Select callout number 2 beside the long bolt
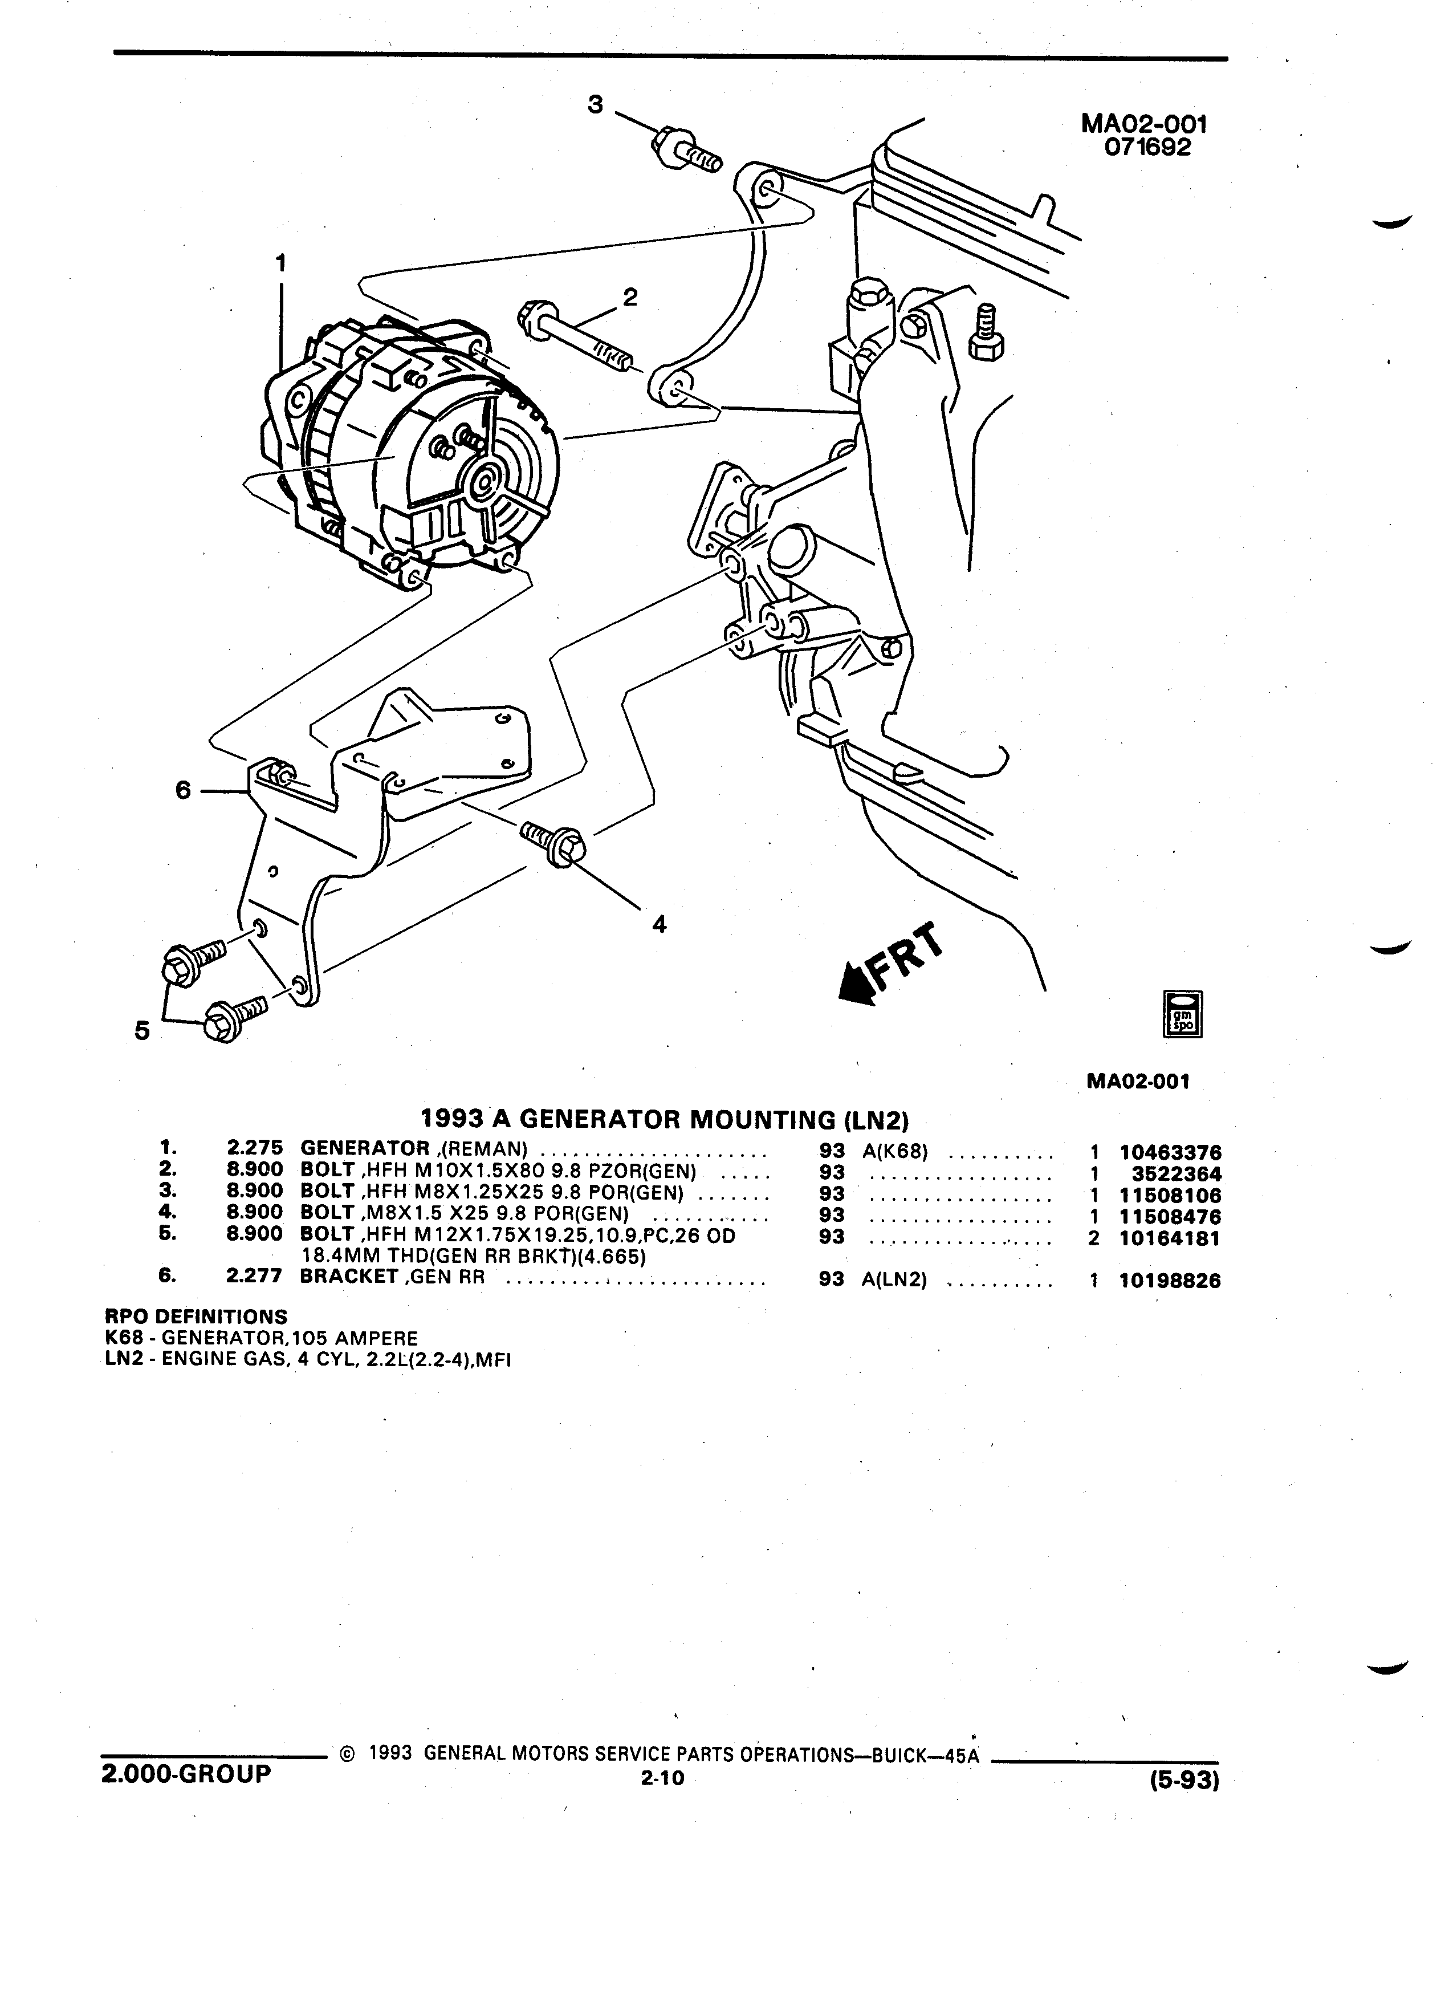coord(630,296)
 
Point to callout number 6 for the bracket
coord(183,789)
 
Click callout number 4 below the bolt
coord(659,925)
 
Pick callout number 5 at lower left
coord(141,1030)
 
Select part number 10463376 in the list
coord(1170,1153)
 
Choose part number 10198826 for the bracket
coord(1170,1281)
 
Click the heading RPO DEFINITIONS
coord(197,1316)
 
